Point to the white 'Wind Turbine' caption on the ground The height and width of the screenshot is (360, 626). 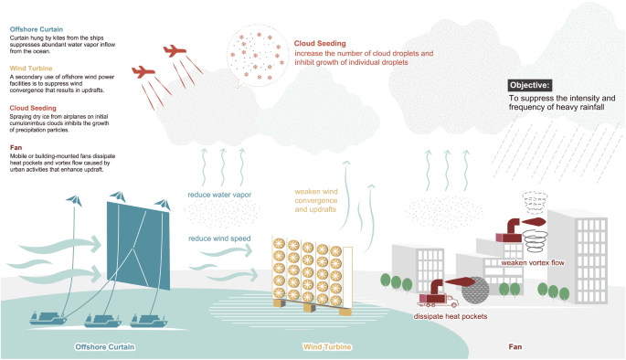click(326, 347)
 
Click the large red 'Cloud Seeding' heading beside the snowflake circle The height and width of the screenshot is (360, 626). click(320, 43)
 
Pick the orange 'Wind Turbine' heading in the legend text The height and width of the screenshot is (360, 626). click(30, 67)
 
